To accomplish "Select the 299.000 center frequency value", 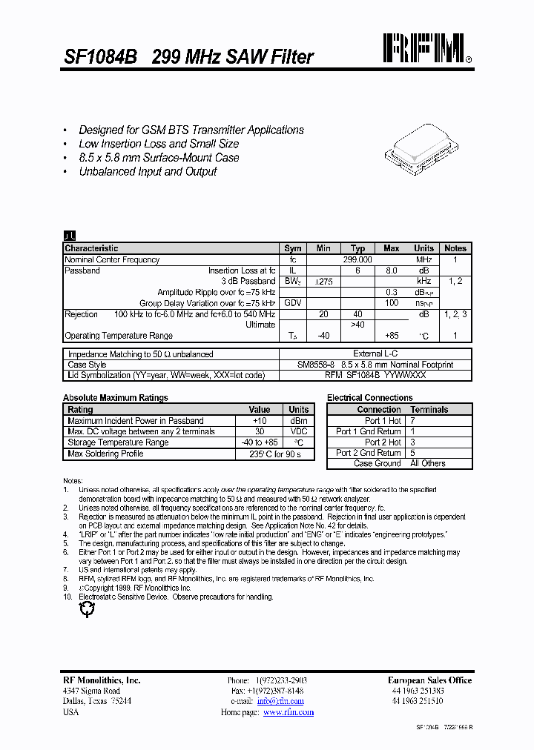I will coord(357,260).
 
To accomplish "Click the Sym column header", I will coord(293,249).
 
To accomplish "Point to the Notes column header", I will coord(455,249).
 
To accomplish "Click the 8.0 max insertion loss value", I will coord(392,271).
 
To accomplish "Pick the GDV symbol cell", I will coord(293,303).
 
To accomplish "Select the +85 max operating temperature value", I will coord(392,336).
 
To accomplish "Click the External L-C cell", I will coord(375,354).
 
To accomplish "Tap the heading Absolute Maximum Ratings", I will coord(116,398).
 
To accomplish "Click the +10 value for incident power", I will coord(260,421).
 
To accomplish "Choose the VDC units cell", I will coord(299,431).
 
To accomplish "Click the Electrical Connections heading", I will coord(369,398).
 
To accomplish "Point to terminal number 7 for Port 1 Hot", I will coord(413,421).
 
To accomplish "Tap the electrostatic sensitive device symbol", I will coord(88,609).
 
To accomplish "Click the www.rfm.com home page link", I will coord(289,712).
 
